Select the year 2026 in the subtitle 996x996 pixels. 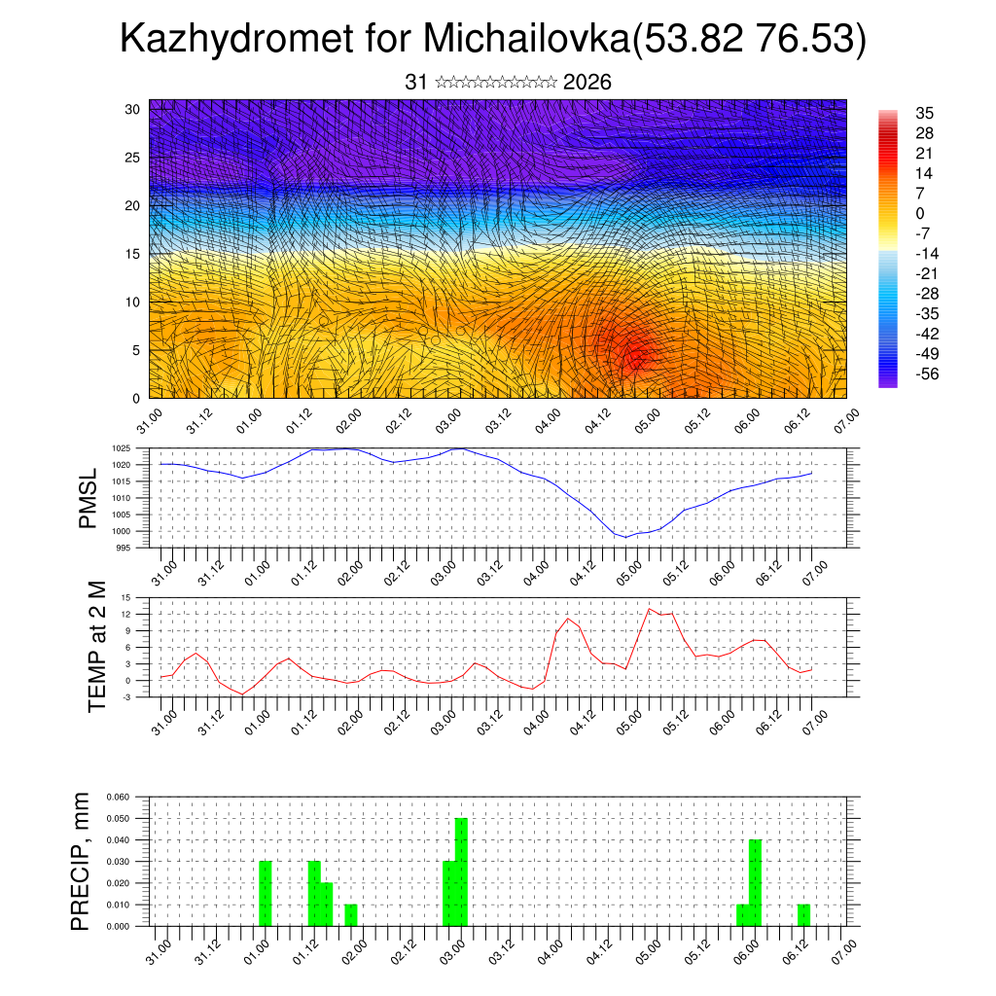587,83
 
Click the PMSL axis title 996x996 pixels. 89,497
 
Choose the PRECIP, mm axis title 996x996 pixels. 81,861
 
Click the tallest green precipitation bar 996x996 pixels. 461,871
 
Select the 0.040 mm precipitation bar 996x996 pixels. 755,882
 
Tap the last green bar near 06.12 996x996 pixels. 803,914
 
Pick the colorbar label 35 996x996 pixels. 924,113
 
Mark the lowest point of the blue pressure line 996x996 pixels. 627,536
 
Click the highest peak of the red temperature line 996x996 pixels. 650,609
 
